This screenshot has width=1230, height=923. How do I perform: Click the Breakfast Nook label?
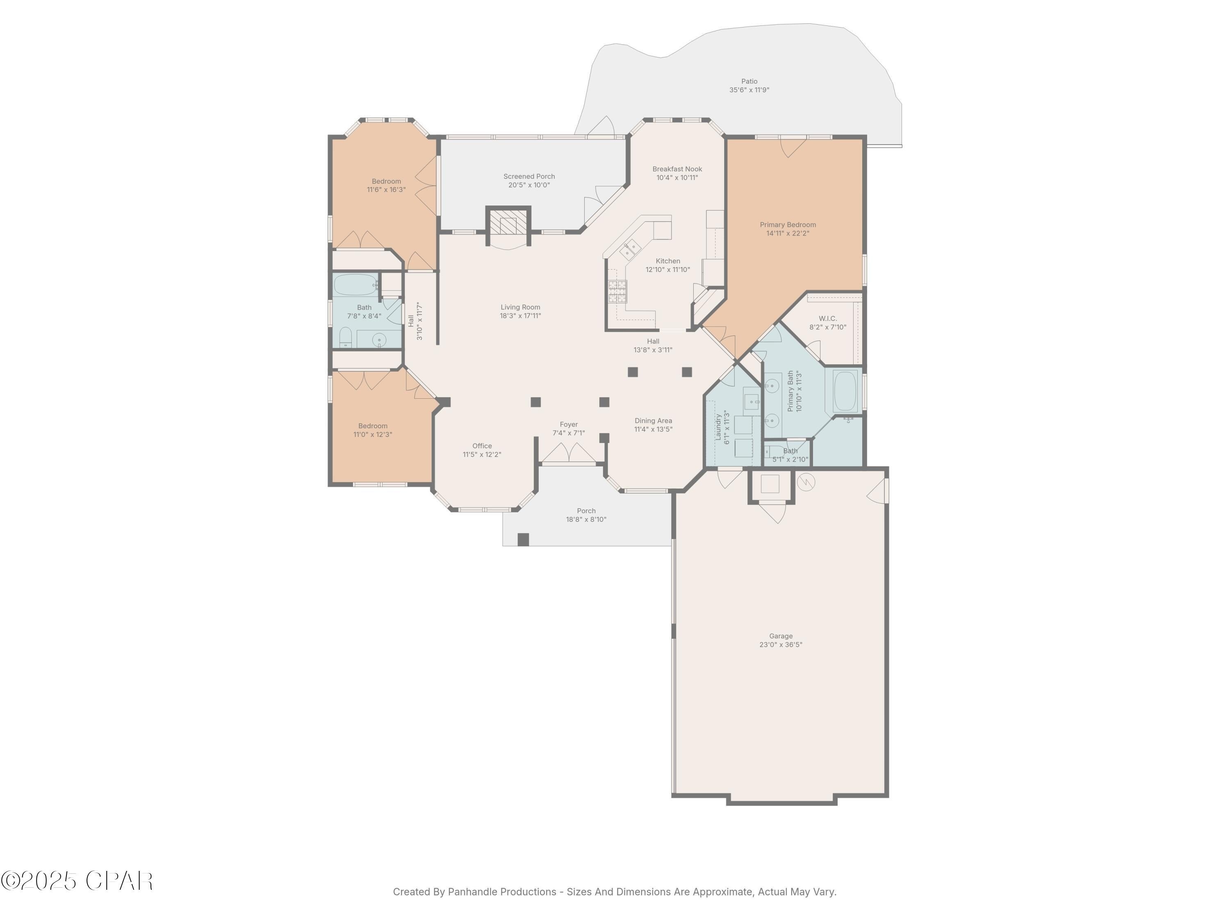[x=677, y=169]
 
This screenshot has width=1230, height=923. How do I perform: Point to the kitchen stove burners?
[x=617, y=291]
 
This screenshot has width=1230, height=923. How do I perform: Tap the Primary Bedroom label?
[x=787, y=225]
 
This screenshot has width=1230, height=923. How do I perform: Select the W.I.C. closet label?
[x=827, y=319]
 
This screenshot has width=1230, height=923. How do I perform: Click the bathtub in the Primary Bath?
[x=845, y=391]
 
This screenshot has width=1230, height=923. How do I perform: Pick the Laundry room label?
[x=718, y=427]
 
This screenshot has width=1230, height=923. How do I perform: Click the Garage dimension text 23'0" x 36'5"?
[x=780, y=645]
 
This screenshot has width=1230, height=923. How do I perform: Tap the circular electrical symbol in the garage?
[x=806, y=482]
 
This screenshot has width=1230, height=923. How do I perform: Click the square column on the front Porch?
[x=523, y=539]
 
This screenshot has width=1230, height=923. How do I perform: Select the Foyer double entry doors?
[x=568, y=453]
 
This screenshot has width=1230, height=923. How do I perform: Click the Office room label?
[x=482, y=446]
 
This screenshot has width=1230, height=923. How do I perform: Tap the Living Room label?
[x=520, y=307]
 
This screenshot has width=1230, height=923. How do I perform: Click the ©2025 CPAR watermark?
[x=77, y=881]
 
